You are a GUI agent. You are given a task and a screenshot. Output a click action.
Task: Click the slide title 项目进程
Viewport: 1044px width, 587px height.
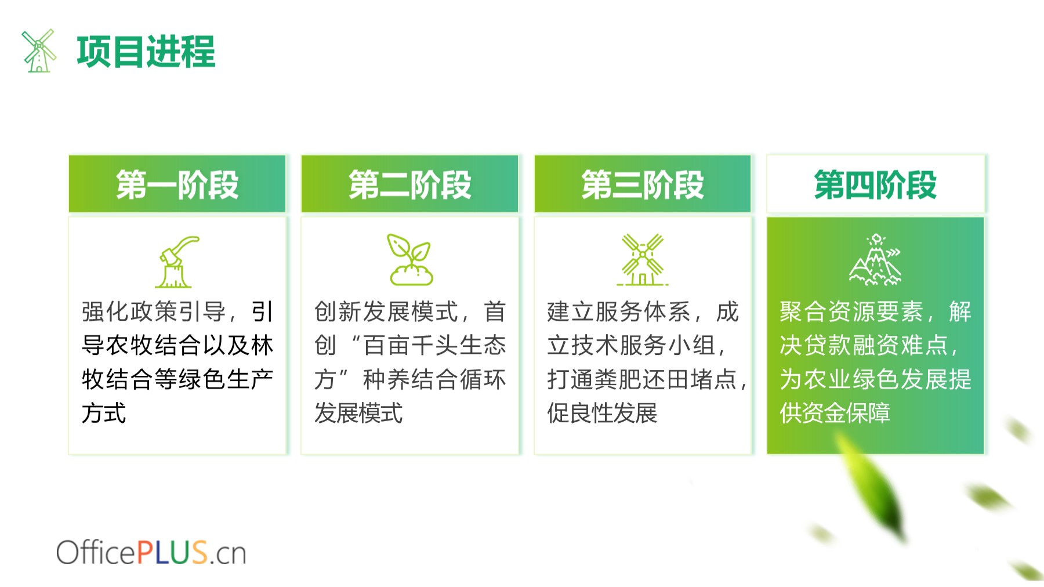click(x=146, y=52)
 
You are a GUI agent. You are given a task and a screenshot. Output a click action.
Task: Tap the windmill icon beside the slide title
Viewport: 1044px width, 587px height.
click(x=39, y=51)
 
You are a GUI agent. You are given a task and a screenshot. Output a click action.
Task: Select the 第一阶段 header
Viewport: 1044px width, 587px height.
click(x=177, y=184)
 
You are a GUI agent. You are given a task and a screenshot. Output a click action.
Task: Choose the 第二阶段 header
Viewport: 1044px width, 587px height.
click(x=410, y=184)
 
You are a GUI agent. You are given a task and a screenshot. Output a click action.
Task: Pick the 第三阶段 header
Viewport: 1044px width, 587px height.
click(x=643, y=184)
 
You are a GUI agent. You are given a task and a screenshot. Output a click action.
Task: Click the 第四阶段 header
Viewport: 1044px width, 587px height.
click(x=875, y=184)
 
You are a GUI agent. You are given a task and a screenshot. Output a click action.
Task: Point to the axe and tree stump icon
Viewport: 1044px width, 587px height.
click(x=177, y=262)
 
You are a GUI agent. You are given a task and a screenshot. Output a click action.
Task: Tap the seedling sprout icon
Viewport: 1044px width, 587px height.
click(x=411, y=259)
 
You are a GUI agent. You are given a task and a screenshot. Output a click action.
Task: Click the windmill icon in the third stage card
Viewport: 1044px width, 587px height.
click(x=643, y=259)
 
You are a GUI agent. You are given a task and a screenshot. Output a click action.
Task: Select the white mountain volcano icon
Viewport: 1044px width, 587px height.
click(x=876, y=259)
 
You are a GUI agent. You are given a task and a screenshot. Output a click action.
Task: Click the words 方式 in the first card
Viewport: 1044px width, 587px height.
click(x=104, y=413)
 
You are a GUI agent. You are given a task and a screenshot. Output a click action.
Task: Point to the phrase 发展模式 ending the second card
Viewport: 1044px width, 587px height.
click(x=358, y=413)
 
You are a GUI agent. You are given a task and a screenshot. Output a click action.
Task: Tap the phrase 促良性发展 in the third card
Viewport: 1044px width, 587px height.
click(x=602, y=413)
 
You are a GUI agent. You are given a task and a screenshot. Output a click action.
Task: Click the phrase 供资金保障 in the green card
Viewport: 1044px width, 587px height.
click(x=835, y=413)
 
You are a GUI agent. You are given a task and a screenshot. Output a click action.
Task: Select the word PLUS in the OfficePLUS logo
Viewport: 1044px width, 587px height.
click(x=172, y=552)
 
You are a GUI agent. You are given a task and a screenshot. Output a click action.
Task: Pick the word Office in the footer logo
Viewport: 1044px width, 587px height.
click(x=96, y=552)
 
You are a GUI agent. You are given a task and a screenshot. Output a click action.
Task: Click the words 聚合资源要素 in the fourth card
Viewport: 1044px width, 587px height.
click(x=851, y=312)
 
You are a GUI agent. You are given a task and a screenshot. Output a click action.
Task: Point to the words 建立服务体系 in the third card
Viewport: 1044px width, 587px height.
click(x=619, y=312)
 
